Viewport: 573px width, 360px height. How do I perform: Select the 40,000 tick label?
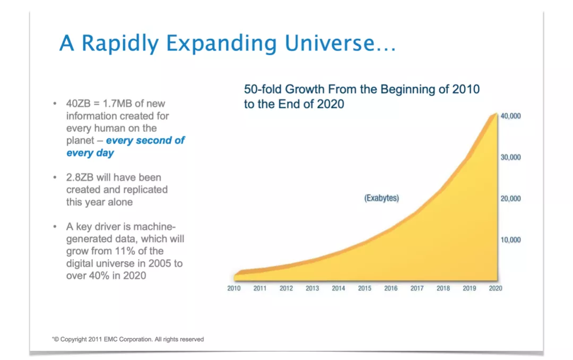(510, 116)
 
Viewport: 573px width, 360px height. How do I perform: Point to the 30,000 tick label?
(510, 157)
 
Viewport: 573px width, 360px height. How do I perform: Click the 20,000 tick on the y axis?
(510, 199)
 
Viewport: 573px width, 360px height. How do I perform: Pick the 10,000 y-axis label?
(510, 239)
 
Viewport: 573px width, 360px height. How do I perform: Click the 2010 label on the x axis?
(234, 288)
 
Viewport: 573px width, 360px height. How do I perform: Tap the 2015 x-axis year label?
(364, 288)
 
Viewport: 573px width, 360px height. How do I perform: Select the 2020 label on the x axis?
(496, 288)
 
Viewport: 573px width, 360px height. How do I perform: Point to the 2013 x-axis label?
(312, 288)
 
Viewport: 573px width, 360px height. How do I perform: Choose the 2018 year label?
(443, 288)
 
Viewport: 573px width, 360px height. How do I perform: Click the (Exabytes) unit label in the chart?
(381, 198)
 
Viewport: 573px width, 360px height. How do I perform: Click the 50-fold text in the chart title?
(263, 89)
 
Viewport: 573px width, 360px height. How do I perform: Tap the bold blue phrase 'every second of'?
(145, 141)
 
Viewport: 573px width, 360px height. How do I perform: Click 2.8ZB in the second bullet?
(81, 177)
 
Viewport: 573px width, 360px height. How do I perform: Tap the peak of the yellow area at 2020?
(496, 114)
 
